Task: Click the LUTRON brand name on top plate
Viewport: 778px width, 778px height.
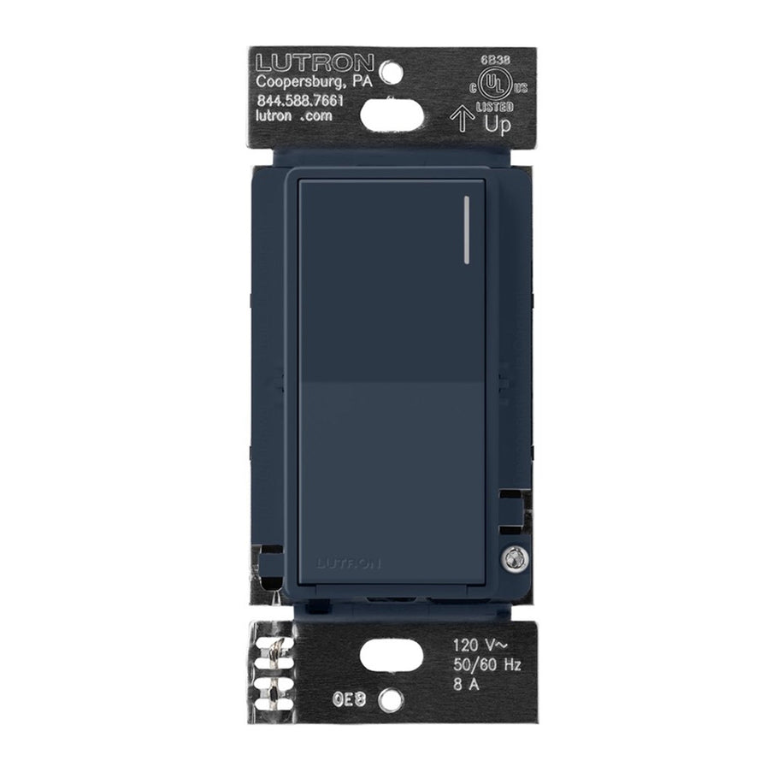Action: pyautogui.click(x=315, y=63)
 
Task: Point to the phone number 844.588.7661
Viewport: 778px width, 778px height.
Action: pyautogui.click(x=300, y=102)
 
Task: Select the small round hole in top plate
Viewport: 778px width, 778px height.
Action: pyautogui.click(x=390, y=72)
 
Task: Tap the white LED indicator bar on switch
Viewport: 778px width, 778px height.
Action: pyautogui.click(x=468, y=230)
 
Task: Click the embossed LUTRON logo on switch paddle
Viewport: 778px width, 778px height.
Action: pyautogui.click(x=349, y=563)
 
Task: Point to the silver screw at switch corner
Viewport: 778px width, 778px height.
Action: pyautogui.click(x=515, y=557)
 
